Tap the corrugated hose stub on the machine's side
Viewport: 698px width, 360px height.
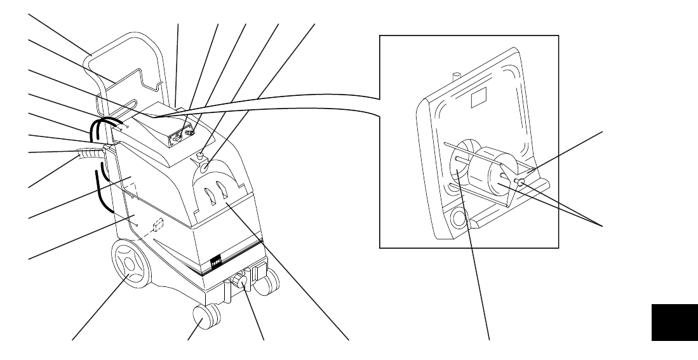click(89, 153)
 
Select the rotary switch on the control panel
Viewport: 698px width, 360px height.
click(189, 135)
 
